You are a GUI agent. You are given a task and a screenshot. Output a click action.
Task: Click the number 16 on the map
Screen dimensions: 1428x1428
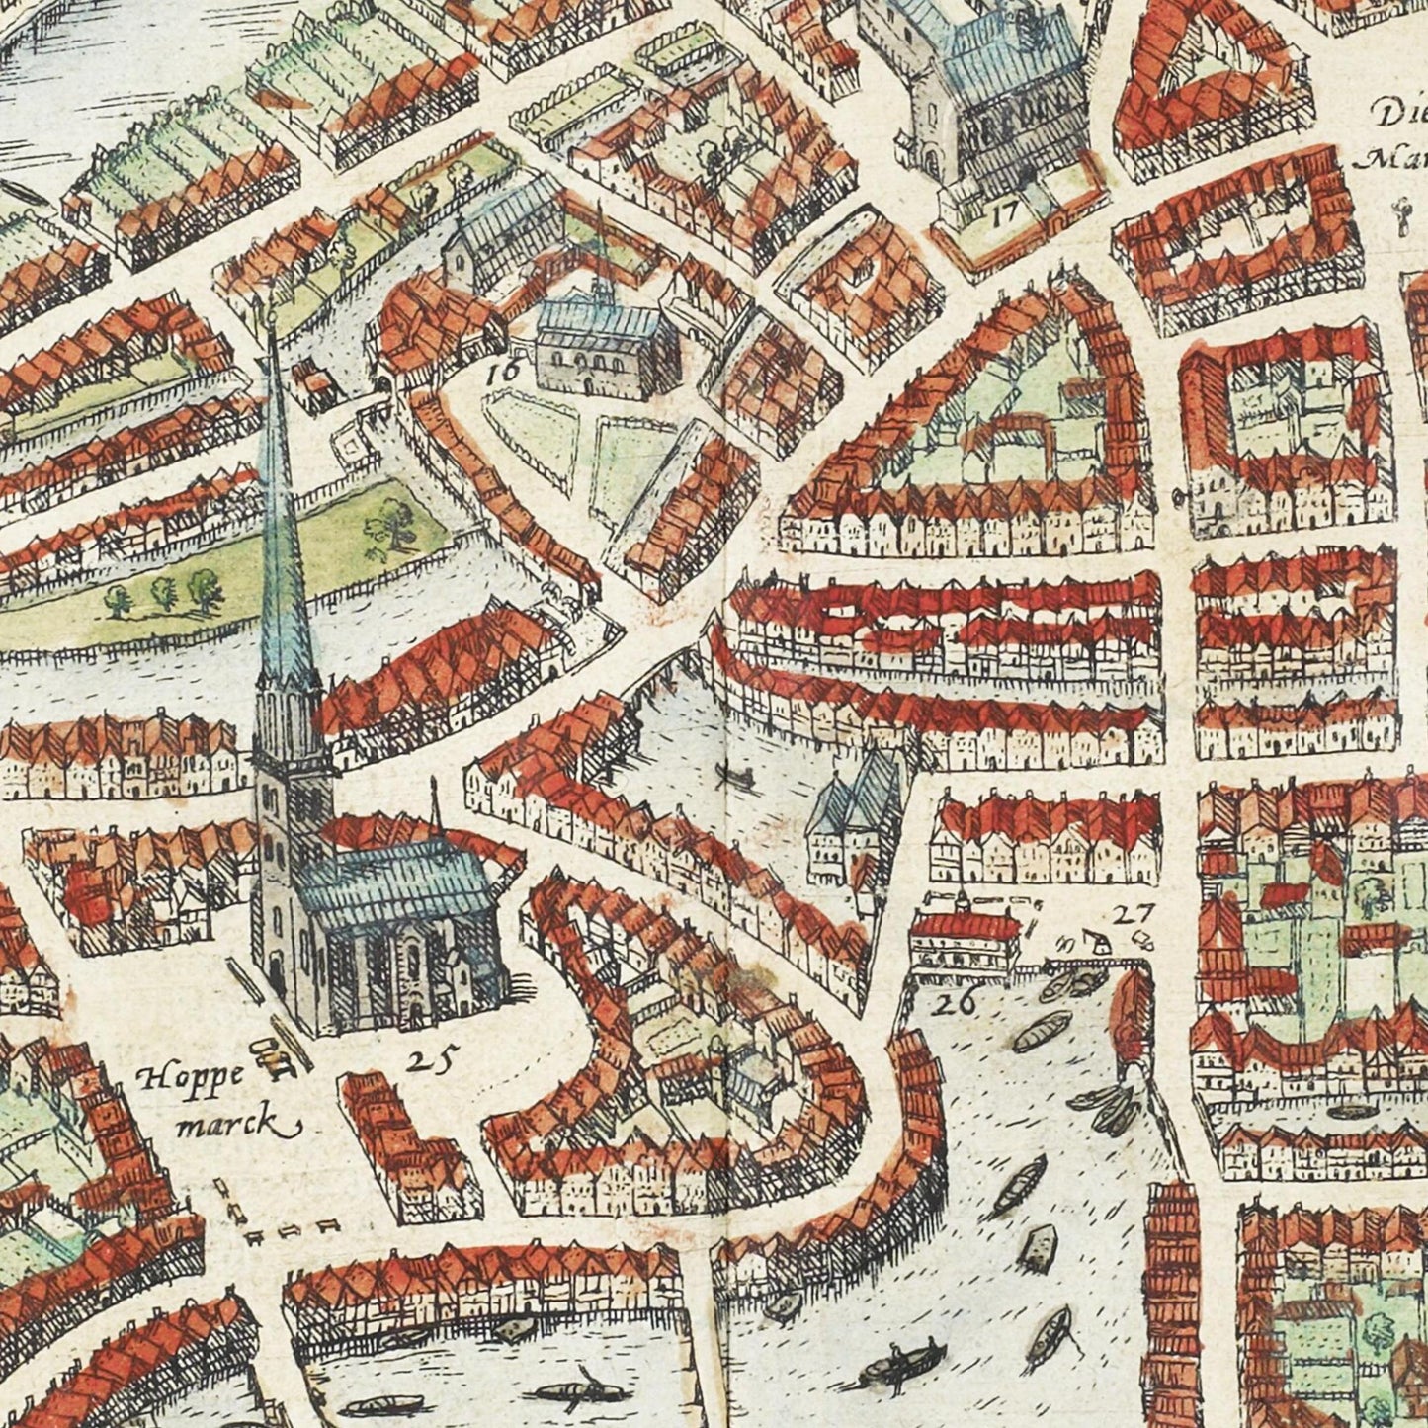point(503,373)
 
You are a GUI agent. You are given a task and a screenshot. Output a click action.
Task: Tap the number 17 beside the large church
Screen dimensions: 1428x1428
point(1007,210)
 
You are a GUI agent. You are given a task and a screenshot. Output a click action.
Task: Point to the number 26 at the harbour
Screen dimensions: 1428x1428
point(956,1004)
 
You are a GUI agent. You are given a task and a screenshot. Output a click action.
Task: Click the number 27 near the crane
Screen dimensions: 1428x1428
point(1129,914)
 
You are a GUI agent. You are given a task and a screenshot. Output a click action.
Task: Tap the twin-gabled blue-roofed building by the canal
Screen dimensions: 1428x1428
point(855,815)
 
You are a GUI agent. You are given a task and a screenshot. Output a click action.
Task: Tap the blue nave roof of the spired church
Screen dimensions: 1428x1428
point(395,884)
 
